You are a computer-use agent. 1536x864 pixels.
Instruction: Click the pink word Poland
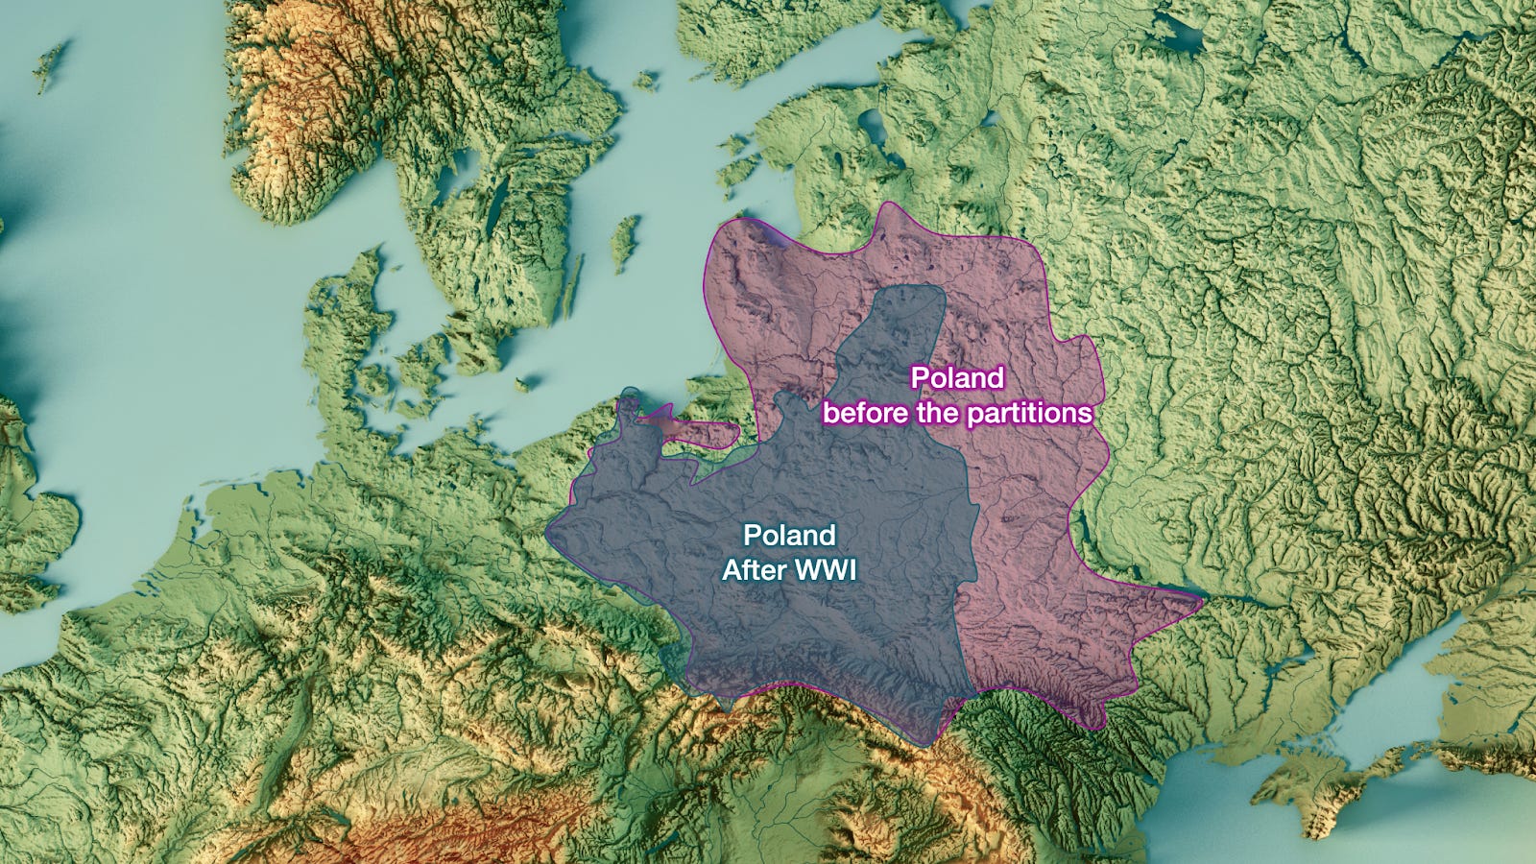(956, 377)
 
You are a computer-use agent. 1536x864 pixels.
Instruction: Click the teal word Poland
(789, 535)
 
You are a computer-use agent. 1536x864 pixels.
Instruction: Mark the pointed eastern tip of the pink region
(1200, 599)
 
